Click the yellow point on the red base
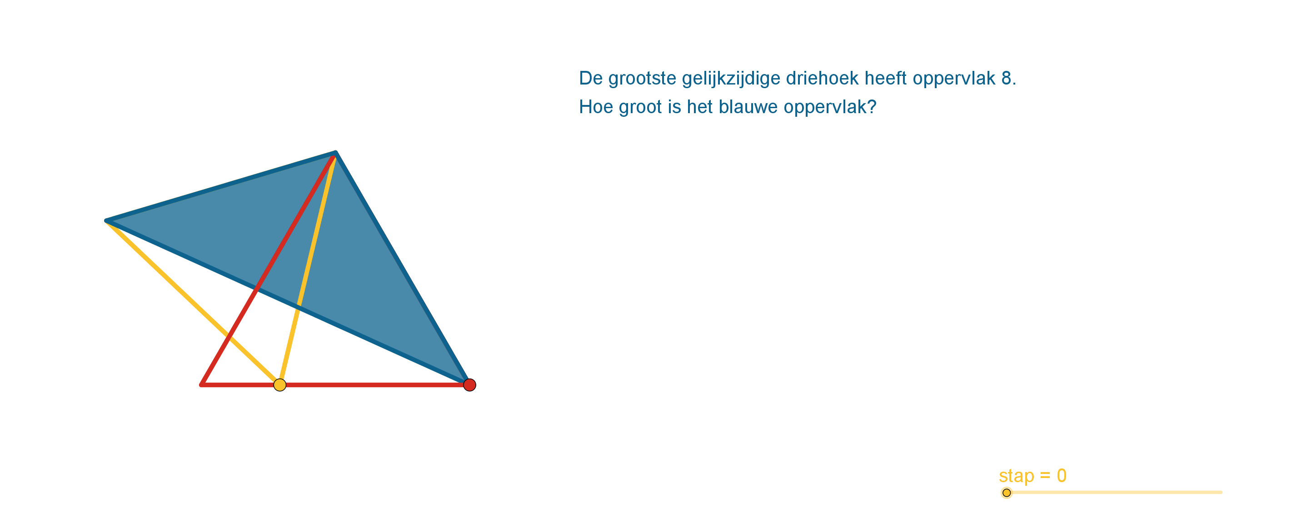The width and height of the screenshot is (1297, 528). pyautogui.click(x=280, y=385)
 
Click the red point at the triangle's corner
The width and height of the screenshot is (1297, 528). pyautogui.click(x=470, y=385)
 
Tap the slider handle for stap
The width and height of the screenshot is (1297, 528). pyautogui.click(x=1007, y=493)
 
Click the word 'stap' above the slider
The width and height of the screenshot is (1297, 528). pyautogui.click(x=1017, y=476)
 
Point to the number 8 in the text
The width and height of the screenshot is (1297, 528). pyautogui.click(x=1007, y=78)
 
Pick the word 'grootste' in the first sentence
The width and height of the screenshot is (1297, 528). pyautogui.click(x=643, y=79)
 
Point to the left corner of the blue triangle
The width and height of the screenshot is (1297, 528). pyautogui.click(x=106, y=220)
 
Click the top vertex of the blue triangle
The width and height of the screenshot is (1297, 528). pyautogui.click(x=335, y=152)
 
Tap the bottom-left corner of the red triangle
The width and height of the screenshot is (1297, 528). pyautogui.click(x=201, y=385)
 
